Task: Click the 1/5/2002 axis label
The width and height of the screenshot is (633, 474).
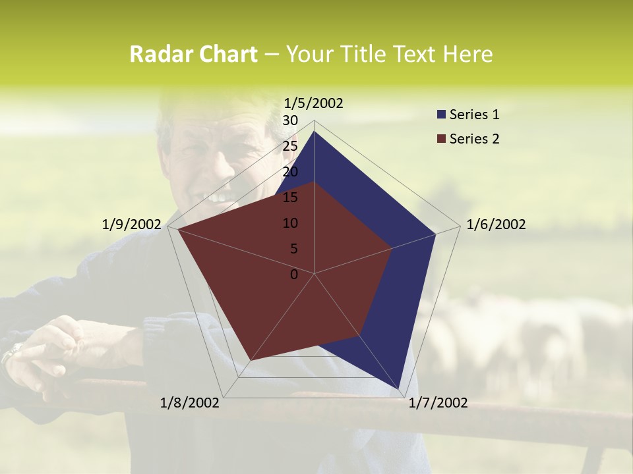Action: click(313, 103)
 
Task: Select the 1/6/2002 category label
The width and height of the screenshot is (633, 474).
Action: click(496, 224)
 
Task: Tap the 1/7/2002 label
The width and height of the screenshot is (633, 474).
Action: click(438, 403)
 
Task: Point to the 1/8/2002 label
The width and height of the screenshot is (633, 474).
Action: click(190, 403)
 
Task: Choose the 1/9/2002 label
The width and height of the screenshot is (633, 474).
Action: click(131, 224)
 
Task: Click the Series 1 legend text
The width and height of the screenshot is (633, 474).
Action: click(474, 115)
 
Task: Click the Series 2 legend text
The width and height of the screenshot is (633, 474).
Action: click(474, 138)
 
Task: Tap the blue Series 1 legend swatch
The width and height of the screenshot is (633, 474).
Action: click(441, 115)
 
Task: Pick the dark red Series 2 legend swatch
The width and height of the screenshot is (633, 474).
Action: click(441, 139)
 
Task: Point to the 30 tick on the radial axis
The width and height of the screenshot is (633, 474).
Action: click(290, 120)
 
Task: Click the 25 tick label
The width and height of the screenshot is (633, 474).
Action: click(290, 146)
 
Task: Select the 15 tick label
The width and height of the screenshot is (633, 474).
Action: click(290, 197)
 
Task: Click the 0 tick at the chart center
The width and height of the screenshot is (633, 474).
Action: click(294, 275)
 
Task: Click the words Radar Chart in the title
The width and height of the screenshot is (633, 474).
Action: click(193, 54)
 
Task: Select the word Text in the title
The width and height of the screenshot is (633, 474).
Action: click(416, 54)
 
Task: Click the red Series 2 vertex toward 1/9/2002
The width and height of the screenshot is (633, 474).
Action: click(178, 229)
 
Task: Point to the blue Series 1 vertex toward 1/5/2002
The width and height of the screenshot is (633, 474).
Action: click(314, 131)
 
